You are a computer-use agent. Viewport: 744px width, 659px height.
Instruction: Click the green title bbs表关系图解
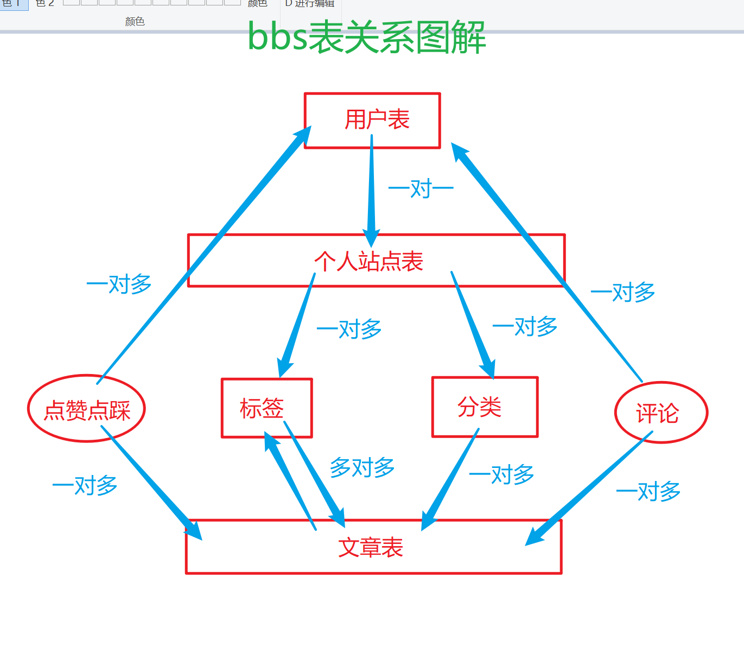366,37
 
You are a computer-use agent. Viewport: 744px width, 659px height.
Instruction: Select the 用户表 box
372,121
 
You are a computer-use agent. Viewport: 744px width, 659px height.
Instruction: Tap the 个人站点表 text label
368,262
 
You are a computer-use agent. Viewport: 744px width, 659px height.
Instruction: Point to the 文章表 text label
371,547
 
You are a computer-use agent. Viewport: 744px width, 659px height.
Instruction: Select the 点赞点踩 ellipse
87,409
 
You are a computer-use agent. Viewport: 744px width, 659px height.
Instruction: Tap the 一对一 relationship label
421,189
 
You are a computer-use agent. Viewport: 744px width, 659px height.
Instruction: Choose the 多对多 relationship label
362,467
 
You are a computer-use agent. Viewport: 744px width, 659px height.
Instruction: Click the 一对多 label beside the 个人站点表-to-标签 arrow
349,329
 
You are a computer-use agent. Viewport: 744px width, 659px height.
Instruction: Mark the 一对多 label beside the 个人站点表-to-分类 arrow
525,326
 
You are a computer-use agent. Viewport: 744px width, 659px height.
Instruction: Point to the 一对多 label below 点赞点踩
85,485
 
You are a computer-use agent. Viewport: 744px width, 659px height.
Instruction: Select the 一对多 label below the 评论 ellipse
648,491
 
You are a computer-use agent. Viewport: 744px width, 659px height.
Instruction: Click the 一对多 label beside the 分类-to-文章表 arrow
501,474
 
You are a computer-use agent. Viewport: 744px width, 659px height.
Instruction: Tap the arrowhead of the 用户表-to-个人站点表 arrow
371,239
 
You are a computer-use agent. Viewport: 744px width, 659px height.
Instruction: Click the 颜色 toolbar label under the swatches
135,22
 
